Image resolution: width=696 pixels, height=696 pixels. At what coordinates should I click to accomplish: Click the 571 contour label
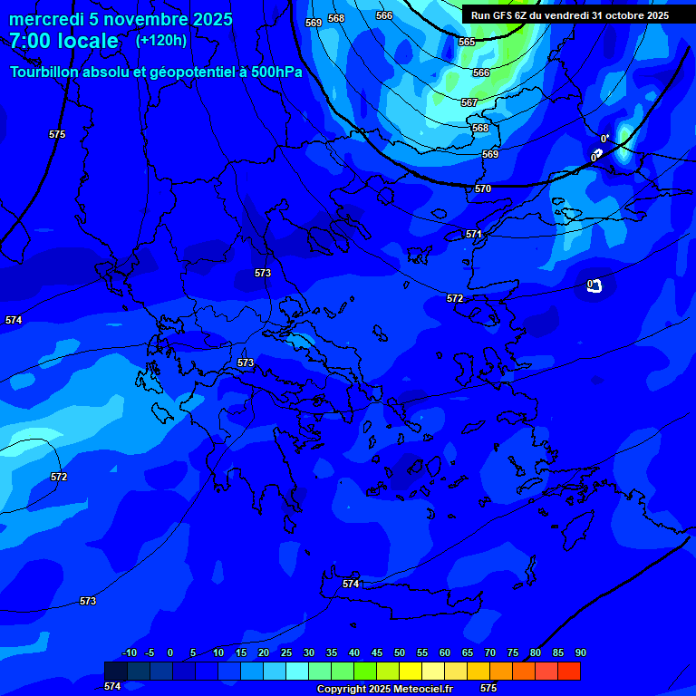pos(474,234)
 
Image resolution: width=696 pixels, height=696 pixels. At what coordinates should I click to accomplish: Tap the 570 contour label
pos(483,188)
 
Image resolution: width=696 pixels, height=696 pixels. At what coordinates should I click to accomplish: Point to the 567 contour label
pos(469,102)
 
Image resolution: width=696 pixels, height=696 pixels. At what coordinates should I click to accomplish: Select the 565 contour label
pos(467,43)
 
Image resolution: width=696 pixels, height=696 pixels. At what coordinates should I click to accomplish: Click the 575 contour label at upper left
pos(57,134)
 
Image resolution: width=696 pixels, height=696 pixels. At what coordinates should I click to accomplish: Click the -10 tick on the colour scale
pos(129,652)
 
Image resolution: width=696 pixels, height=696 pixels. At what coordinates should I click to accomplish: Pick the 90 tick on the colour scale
pos(580,652)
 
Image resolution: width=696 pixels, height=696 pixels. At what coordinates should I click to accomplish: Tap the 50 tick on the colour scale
pos(399,652)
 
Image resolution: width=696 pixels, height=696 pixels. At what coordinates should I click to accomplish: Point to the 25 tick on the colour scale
pos(285,652)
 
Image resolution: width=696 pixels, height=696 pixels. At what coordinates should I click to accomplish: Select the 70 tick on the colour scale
pos(489,652)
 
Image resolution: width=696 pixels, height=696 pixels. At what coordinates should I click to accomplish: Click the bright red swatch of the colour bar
pos(569,671)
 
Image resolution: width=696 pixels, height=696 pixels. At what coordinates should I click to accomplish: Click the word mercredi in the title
pos(46,19)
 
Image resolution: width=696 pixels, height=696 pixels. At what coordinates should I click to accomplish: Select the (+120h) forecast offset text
pos(161,40)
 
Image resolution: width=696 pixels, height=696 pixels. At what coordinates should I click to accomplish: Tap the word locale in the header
pos(88,42)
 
